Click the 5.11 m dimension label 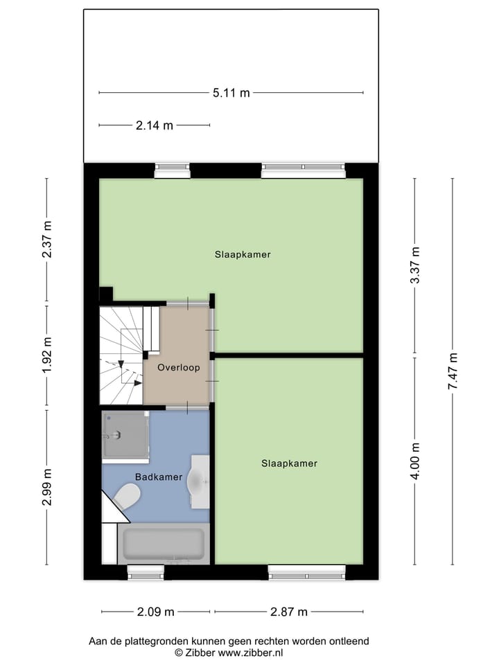click(231, 93)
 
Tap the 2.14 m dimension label click(154, 125)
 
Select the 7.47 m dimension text click(453, 371)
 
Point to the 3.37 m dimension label click(414, 266)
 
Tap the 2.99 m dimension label click(47, 488)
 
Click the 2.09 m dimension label click(155, 612)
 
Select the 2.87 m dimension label click(288, 612)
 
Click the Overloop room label click(178, 368)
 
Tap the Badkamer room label click(159, 477)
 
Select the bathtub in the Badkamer click(164, 544)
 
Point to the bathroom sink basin click(200, 479)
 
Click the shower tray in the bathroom click(125, 436)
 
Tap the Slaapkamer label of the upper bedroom click(242, 254)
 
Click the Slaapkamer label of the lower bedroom click(289, 463)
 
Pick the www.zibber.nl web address click(251, 653)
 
